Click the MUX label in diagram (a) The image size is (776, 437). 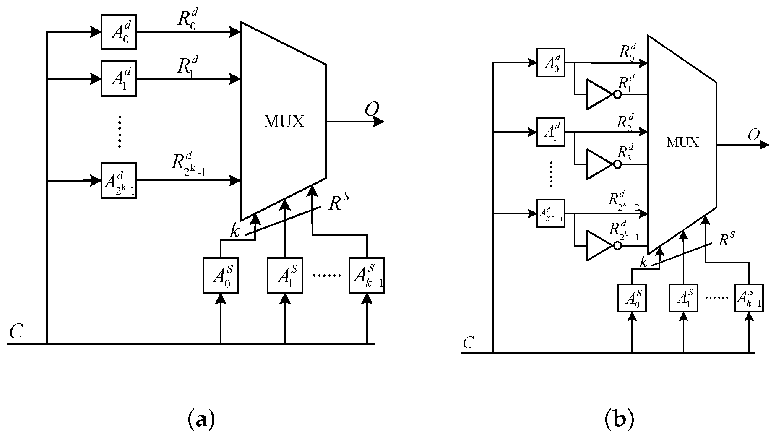point(284,122)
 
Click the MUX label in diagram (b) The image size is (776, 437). point(682,143)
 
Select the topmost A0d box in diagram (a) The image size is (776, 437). point(119,32)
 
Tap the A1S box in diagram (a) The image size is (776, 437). point(285,276)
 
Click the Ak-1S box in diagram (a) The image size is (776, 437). point(367,276)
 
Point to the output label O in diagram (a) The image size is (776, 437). point(372,110)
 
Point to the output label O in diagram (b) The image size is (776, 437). point(753,135)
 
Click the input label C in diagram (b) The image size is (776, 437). point(468,343)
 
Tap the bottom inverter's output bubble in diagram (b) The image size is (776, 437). point(617,246)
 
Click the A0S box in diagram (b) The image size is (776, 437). point(632,298)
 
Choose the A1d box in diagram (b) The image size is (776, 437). point(551,132)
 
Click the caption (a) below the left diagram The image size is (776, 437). point(199,419)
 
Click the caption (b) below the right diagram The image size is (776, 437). point(619,419)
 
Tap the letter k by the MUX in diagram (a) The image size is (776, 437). point(234,231)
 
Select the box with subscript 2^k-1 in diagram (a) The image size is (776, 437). point(119,180)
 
